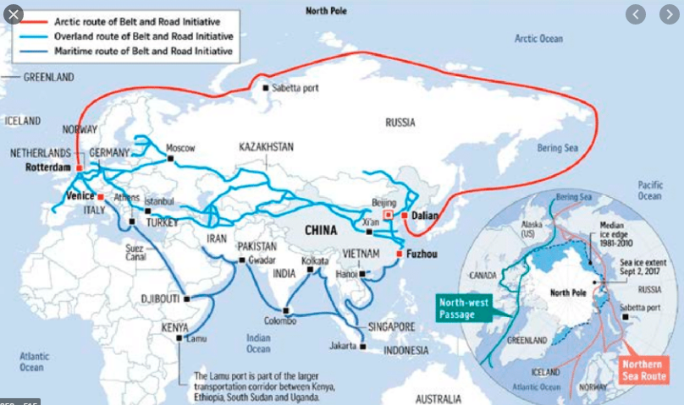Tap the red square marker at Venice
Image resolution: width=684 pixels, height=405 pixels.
pyautogui.click(x=101, y=195)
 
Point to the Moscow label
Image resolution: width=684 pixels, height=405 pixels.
pyautogui.click(x=180, y=147)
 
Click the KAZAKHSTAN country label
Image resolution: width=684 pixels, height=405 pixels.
pyautogui.click(x=266, y=146)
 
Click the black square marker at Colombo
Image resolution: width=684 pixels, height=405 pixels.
pyautogui.click(x=286, y=310)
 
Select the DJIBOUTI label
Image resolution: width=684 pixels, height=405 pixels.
pyautogui.click(x=159, y=298)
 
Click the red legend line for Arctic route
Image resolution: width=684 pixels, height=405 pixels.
pyautogui.click(x=31, y=22)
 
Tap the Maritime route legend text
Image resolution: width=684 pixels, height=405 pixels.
pyautogui.click(x=143, y=51)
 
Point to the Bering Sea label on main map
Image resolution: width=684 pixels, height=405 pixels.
pyautogui.click(x=558, y=147)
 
